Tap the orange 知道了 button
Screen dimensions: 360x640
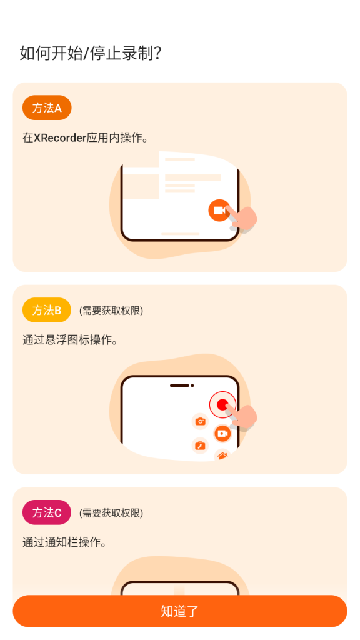[x=179, y=611]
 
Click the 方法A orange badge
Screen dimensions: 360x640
[x=47, y=107]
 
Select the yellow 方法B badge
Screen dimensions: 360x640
[x=47, y=310]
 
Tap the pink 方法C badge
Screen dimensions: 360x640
[x=47, y=512]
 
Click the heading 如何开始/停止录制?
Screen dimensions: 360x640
[x=91, y=53]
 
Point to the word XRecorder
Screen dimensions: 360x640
[x=60, y=138]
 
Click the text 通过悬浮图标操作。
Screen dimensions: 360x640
[x=70, y=340]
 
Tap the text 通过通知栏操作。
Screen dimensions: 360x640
[x=64, y=542]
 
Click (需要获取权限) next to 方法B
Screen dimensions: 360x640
[x=111, y=311]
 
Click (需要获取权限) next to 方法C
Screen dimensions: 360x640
[x=111, y=513]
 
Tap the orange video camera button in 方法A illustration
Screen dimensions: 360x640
[x=219, y=211]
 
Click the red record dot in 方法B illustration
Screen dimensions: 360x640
[x=222, y=405]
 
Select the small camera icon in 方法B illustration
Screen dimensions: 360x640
[x=200, y=421]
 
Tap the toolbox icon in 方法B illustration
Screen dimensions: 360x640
[x=200, y=446]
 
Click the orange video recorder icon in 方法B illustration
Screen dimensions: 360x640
[x=222, y=434]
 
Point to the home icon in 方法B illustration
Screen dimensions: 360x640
[x=222, y=456]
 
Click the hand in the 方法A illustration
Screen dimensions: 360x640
[x=242, y=218]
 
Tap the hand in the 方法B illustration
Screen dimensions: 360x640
[x=242, y=416]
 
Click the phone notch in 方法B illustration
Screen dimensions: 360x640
[x=182, y=385]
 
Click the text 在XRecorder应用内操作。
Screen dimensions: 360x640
[x=85, y=138]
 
